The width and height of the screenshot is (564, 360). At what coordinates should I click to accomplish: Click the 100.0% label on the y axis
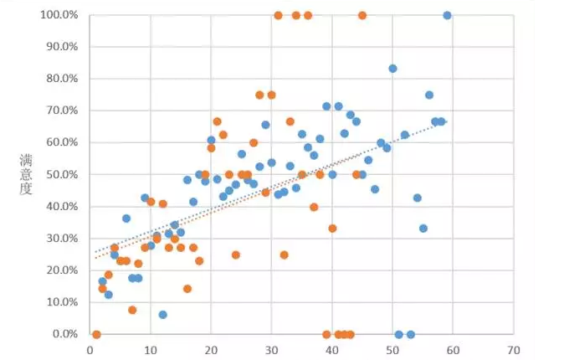click(x=59, y=15)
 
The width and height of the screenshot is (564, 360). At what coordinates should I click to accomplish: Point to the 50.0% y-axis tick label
click(x=61, y=174)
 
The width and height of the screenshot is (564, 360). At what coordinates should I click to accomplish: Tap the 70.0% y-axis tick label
click(x=61, y=111)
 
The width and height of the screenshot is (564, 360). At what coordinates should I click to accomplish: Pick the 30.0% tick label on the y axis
click(x=61, y=239)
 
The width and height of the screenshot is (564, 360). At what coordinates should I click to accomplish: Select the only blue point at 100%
click(x=447, y=15)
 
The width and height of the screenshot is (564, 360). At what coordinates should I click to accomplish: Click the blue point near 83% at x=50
click(x=392, y=69)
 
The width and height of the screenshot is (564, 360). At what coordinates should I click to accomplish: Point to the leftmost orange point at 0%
click(x=96, y=334)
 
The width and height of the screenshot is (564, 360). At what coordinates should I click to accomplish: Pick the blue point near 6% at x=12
click(x=162, y=315)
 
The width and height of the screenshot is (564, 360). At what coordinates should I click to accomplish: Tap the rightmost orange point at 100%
click(x=362, y=15)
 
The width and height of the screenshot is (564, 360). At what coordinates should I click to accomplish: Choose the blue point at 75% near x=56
click(x=429, y=95)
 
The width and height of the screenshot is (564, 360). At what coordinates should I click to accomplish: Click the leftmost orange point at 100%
click(x=278, y=15)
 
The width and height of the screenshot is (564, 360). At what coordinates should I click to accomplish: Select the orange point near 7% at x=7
click(x=132, y=310)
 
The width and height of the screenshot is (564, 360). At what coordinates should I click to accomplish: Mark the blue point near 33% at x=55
click(x=423, y=229)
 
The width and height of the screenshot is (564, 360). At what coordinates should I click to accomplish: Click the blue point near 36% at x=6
click(x=126, y=219)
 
